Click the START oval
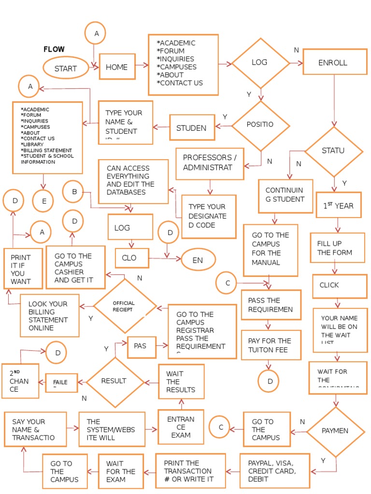pos(66,68)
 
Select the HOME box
pos(117,67)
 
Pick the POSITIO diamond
pos(261,125)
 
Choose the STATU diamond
pos(333,151)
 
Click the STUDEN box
pos(192,128)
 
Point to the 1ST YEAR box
pos(339,206)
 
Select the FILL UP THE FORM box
pos(337,248)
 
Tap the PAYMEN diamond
pos(335,431)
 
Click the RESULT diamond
pos(114,381)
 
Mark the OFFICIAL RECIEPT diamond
pos(125,306)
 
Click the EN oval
pos(198,261)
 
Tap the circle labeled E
pos(44,202)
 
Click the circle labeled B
pos(74,192)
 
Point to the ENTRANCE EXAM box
pos(181,427)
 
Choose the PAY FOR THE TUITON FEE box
pos(271,344)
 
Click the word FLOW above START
pos(54,50)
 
